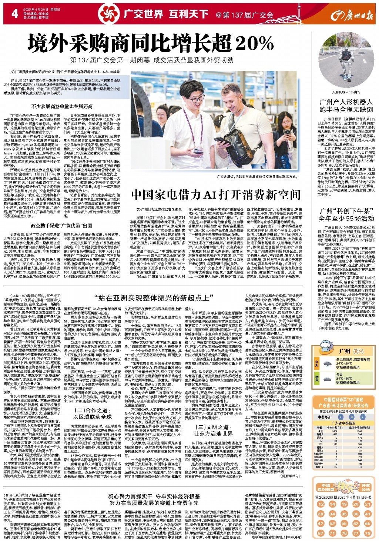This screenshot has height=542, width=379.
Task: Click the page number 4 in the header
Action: point(15,14)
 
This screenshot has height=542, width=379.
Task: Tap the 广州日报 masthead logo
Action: point(352,15)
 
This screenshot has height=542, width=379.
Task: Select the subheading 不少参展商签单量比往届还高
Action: point(62,107)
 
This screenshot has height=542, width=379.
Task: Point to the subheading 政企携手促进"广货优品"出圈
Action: point(61,225)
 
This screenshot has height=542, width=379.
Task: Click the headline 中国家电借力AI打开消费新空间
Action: point(215,194)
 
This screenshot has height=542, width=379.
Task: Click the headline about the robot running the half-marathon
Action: point(346,106)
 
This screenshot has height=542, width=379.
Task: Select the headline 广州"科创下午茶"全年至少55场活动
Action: point(346,215)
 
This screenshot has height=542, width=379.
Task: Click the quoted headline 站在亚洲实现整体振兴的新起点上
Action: point(154,297)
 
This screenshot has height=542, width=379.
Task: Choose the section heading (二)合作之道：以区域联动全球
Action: point(92,413)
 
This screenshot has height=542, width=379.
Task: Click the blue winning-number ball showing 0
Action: point(352,417)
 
